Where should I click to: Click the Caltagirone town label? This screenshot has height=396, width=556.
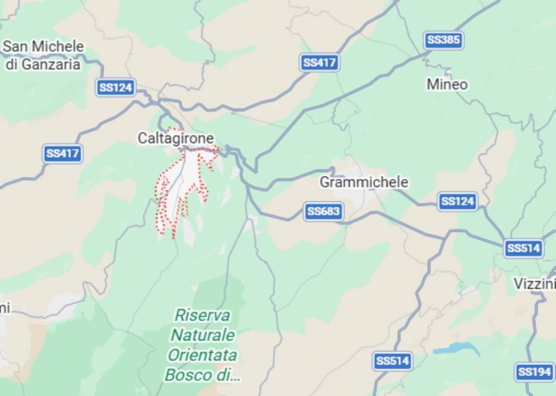[x=175, y=138]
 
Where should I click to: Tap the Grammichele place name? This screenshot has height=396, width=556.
[x=363, y=182]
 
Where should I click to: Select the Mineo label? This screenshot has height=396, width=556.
[x=447, y=85]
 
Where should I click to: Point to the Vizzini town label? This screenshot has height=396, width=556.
[x=534, y=284]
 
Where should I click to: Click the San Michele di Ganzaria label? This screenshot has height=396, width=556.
[x=43, y=55]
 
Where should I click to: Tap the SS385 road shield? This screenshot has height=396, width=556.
[x=444, y=40]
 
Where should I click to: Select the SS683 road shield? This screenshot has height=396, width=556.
[x=324, y=212]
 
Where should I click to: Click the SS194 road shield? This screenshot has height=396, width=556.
[x=534, y=372]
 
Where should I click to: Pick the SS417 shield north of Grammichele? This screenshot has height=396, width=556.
[x=319, y=62]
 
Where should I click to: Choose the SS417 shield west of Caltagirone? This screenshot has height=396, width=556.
[x=62, y=154]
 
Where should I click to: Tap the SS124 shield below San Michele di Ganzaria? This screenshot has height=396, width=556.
[x=116, y=87]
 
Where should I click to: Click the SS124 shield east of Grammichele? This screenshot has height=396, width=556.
[x=458, y=202]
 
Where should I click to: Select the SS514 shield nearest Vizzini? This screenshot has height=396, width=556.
[x=523, y=248]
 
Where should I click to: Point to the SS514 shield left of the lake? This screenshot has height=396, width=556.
[x=393, y=361]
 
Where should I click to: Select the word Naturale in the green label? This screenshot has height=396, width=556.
[x=203, y=335]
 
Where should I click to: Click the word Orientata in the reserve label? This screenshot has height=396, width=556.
[x=202, y=355]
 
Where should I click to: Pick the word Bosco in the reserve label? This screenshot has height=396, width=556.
[x=188, y=375]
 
